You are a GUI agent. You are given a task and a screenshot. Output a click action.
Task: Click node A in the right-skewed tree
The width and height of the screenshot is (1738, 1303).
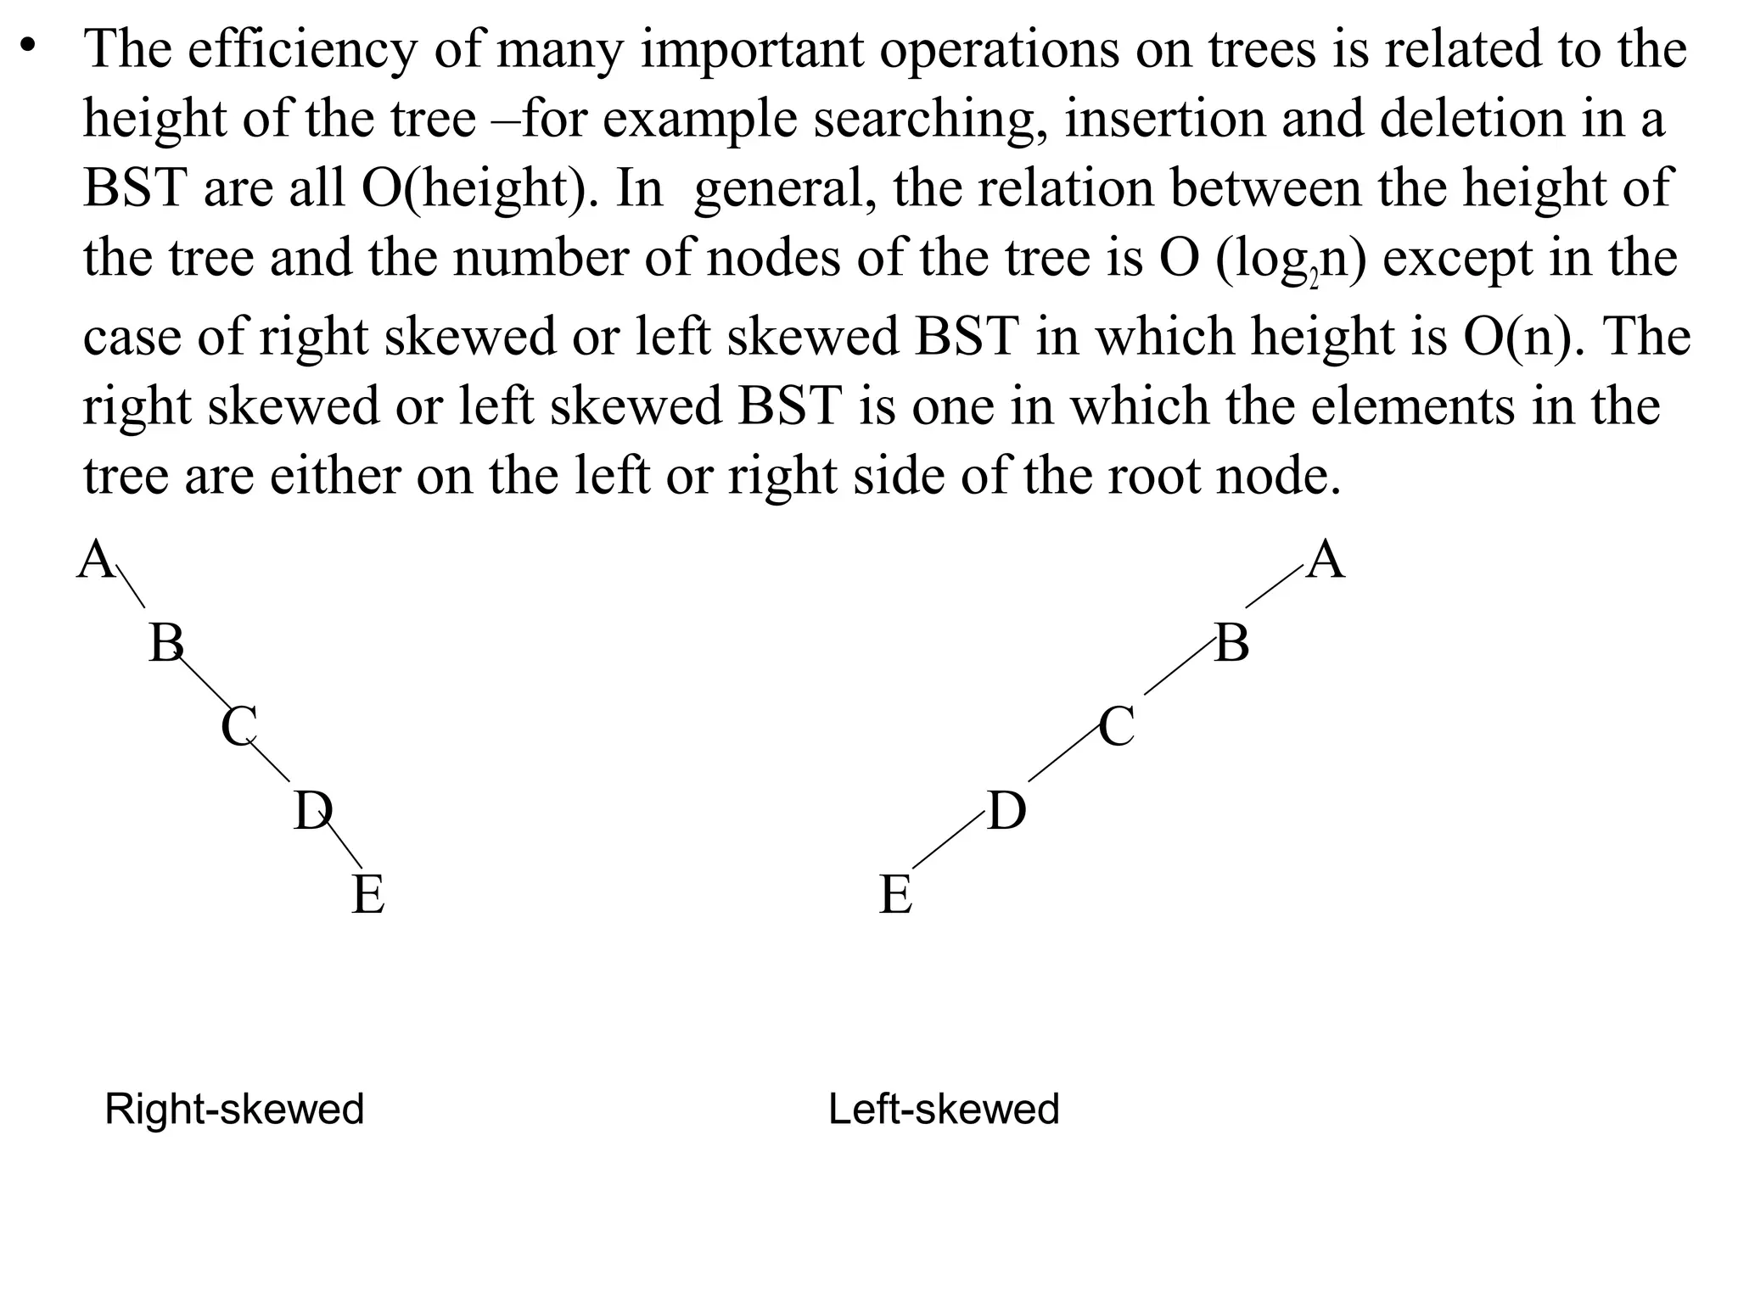96,561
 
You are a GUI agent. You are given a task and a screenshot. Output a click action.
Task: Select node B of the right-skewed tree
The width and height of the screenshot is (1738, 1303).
166,644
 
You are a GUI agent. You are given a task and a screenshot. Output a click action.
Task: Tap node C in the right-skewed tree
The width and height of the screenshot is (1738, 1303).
238,727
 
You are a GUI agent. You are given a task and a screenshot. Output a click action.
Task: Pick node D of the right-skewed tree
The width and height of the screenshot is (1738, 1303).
311,811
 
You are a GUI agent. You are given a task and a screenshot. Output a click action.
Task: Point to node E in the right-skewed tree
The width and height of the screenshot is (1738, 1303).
367,895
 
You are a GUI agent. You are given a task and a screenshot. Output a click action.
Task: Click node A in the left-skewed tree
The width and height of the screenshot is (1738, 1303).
1326,561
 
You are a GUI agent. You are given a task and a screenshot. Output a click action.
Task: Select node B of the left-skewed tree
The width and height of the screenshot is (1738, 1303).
1232,644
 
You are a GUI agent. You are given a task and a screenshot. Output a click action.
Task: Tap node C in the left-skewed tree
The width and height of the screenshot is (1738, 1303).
1117,727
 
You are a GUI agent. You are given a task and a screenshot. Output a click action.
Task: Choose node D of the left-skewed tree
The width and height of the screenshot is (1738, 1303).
1007,811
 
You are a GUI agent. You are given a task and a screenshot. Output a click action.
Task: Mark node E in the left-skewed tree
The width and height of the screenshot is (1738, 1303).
896,895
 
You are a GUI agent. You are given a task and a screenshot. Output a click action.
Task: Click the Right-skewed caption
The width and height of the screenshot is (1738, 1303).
234,1110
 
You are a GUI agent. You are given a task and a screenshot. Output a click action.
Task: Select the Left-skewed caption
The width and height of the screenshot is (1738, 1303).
944,1110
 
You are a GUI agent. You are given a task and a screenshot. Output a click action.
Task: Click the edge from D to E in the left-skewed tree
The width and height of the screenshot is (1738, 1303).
949,839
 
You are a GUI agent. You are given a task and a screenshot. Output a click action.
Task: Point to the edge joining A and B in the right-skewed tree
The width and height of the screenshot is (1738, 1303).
131,586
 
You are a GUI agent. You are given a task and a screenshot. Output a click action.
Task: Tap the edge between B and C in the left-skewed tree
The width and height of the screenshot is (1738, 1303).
1179,668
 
